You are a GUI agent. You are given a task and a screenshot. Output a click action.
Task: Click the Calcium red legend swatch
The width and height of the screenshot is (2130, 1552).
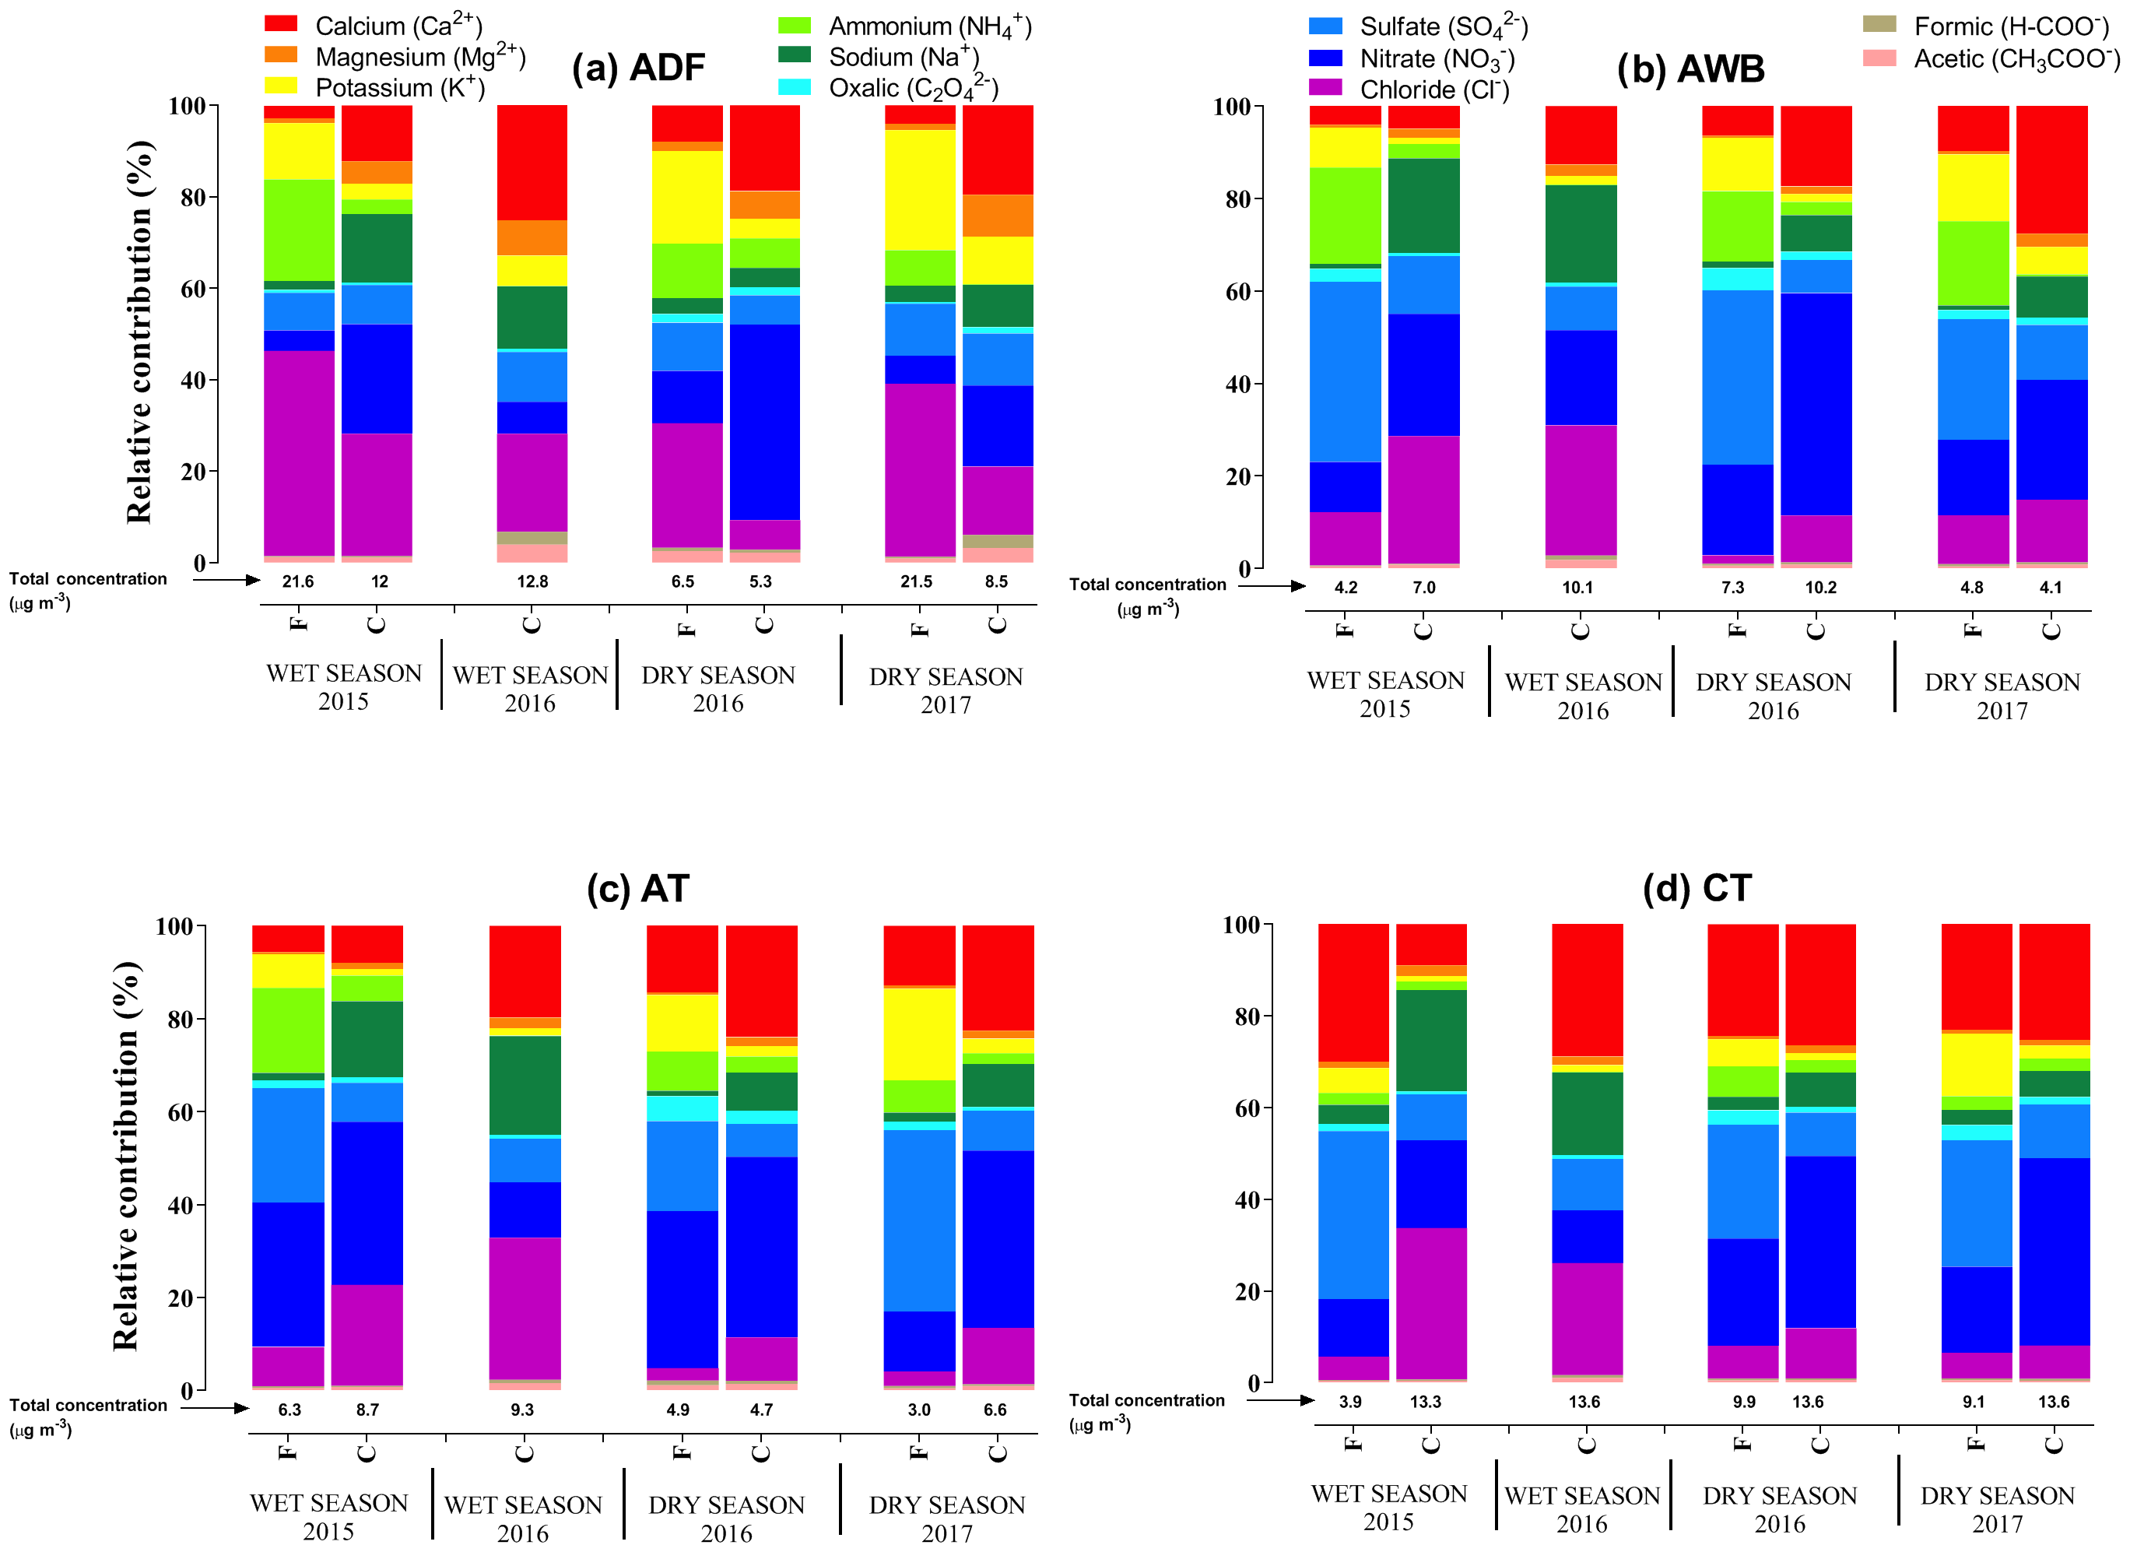(x=281, y=23)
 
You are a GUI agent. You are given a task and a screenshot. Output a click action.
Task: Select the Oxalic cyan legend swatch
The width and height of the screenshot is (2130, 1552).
(x=795, y=86)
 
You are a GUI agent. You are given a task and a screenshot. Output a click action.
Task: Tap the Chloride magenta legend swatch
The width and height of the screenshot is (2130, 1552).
(x=1325, y=87)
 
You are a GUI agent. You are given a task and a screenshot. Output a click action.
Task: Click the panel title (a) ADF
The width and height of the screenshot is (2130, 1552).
(x=639, y=68)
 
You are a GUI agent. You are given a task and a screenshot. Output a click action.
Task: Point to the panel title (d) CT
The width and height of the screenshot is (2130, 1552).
(x=1696, y=888)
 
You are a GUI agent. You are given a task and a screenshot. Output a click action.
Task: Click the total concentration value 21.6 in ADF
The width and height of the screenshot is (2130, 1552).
(x=298, y=581)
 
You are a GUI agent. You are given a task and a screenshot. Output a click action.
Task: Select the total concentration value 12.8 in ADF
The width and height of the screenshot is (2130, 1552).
(x=532, y=581)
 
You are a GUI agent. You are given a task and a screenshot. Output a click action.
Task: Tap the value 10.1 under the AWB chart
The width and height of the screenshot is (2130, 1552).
(x=1577, y=587)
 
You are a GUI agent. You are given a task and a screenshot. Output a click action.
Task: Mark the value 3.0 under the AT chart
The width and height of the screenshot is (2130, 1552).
(x=918, y=1410)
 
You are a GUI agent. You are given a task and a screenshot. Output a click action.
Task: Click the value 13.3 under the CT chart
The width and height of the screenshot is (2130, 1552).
(x=1425, y=1402)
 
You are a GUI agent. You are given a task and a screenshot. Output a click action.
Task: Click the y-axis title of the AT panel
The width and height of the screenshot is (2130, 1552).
(x=126, y=1157)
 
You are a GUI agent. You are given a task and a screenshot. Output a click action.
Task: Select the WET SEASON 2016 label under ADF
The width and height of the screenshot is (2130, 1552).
(x=531, y=689)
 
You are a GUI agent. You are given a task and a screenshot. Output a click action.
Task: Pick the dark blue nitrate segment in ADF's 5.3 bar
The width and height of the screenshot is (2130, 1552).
(x=764, y=422)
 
